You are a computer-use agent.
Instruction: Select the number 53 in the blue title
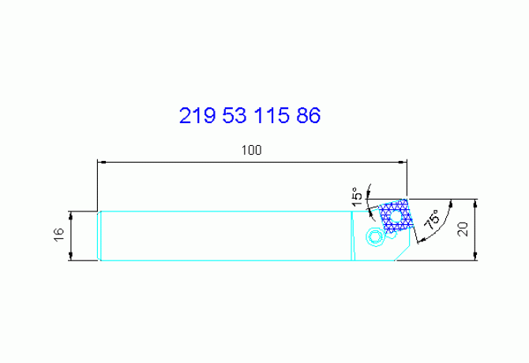tap(235, 117)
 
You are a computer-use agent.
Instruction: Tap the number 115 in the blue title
tap(272, 117)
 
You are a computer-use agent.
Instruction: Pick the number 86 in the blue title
tap(308, 117)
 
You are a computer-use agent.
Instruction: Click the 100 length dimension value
tap(251, 150)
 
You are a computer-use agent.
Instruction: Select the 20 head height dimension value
tap(463, 229)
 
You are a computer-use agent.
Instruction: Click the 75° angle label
tap(432, 220)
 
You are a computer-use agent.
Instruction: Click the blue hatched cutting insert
tap(396, 217)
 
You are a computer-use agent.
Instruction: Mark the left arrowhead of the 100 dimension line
tap(101, 163)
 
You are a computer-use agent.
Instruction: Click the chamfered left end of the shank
tap(100, 236)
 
